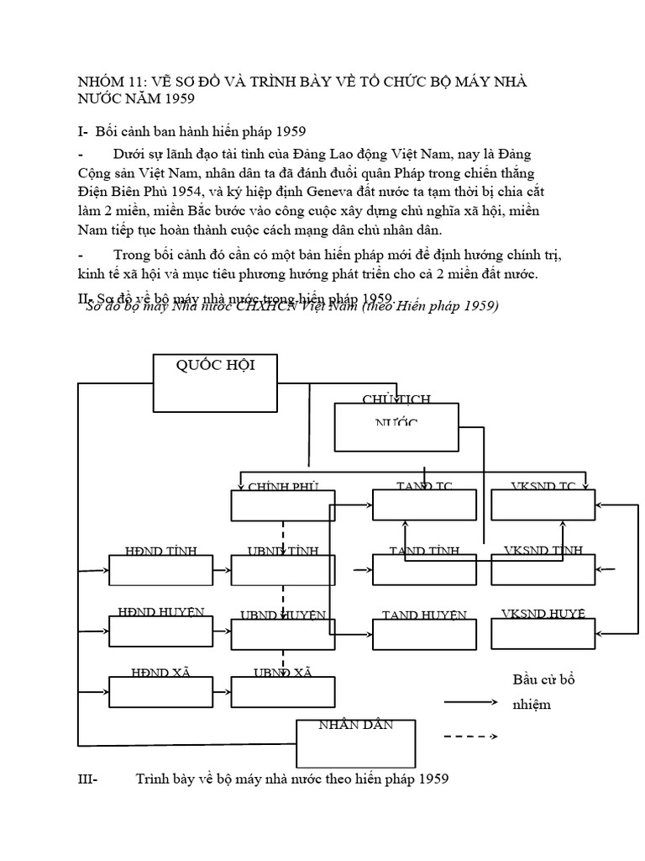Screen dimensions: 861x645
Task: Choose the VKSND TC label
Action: click(543, 486)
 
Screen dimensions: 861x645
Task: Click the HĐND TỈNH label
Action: click(160, 551)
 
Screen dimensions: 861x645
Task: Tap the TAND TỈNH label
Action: click(424, 551)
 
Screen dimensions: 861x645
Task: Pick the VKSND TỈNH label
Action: click(543, 551)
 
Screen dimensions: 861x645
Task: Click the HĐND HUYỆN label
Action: click(160, 612)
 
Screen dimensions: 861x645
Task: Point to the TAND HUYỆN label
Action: click(424, 615)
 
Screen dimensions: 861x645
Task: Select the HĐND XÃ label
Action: click(160, 672)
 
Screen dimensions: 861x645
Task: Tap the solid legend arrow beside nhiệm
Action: click(470, 701)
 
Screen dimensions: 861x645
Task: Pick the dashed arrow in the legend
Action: click(470, 737)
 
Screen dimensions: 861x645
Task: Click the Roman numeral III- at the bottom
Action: click(87, 779)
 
